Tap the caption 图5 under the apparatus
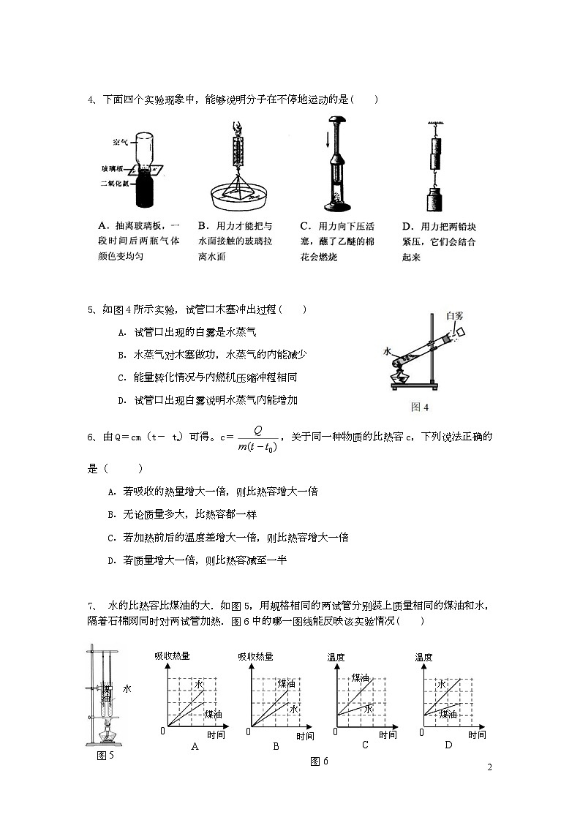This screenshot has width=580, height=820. (105, 756)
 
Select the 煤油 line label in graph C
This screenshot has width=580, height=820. (360, 678)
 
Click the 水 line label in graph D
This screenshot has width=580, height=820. (441, 684)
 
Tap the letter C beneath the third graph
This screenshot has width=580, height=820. (365, 745)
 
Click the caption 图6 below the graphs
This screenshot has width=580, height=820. (319, 761)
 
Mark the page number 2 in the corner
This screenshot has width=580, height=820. (489, 767)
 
